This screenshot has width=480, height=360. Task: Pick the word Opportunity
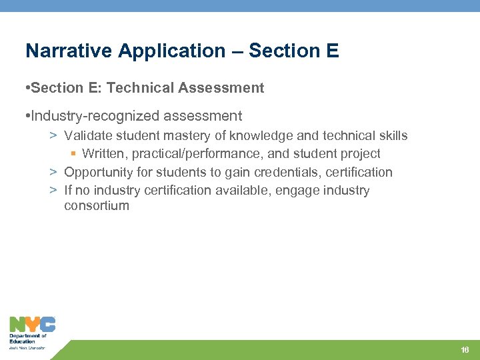click(x=97, y=172)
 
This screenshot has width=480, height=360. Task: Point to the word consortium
click(x=97, y=206)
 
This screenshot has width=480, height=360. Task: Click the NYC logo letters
click(x=31, y=325)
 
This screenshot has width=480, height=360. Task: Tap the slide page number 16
click(x=465, y=350)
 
